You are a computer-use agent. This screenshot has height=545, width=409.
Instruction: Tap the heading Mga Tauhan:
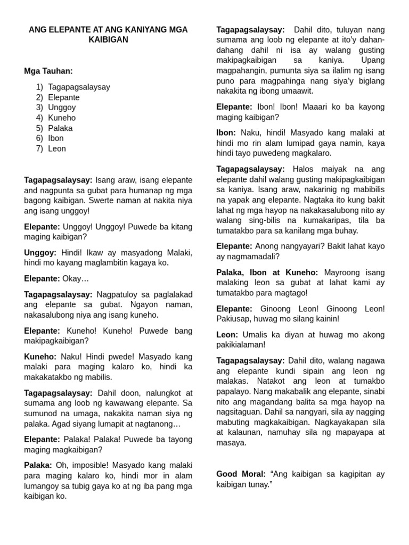(48, 71)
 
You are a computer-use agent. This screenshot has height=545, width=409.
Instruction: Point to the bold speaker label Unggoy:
(40, 252)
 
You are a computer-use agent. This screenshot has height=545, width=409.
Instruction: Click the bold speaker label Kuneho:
(39, 357)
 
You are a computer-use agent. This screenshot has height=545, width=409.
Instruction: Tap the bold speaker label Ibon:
(226, 133)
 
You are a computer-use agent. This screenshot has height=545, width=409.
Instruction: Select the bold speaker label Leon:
(227, 334)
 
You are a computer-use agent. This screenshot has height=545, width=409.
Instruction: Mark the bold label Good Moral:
(240, 474)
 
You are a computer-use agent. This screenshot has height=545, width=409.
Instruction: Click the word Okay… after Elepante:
(76, 278)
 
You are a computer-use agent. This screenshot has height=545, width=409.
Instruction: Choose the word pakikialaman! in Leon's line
(241, 344)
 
